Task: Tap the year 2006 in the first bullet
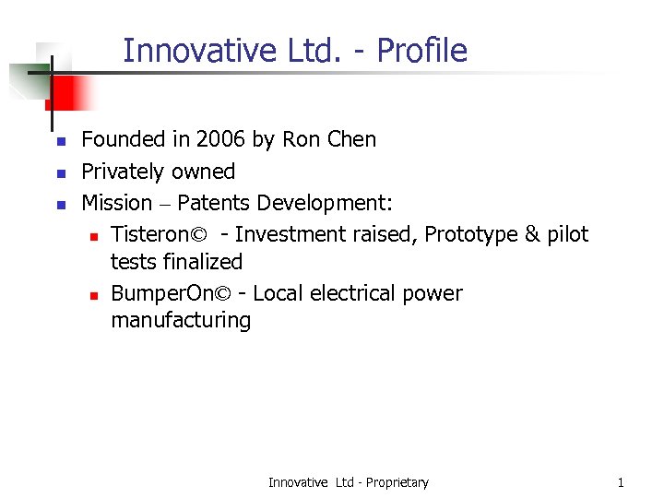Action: [221, 140]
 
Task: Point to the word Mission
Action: [117, 203]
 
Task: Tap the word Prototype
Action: [471, 234]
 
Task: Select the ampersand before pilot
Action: [533, 234]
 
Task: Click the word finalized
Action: [202, 262]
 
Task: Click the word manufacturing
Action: [181, 321]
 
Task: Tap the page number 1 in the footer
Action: [621, 482]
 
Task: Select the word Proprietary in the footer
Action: [397, 482]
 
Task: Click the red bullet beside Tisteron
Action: [94, 236]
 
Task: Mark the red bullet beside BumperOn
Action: [94, 295]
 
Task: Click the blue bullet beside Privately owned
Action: [59, 173]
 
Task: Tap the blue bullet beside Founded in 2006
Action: [59, 142]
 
